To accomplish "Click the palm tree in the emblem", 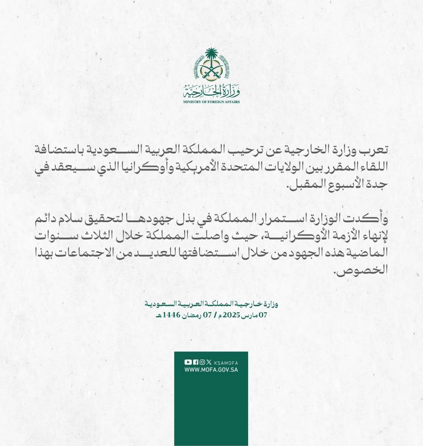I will (x=211, y=57).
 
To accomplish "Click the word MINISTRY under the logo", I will (x=192, y=102).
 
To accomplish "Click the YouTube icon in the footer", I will (x=187, y=362).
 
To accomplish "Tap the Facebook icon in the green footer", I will (x=195, y=362).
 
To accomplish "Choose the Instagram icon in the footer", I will (x=202, y=362).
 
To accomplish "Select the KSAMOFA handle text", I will (x=226, y=362).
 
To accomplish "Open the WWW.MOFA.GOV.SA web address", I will (x=211, y=370).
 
